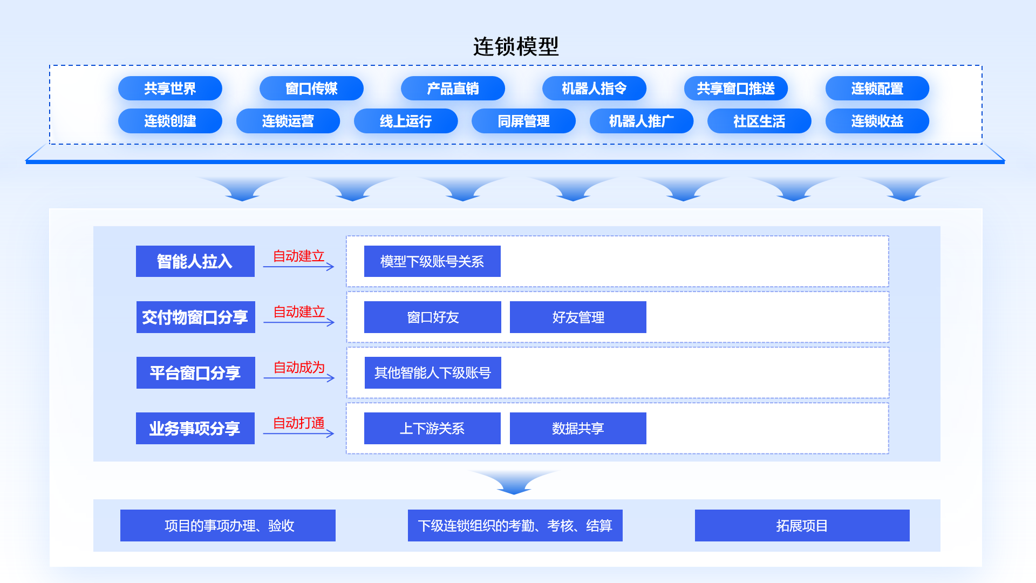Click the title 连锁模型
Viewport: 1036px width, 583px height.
[x=516, y=46]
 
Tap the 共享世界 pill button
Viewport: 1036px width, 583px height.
[x=170, y=89]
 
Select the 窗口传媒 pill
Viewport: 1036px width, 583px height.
[x=311, y=89]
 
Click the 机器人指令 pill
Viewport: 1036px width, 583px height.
[x=594, y=89]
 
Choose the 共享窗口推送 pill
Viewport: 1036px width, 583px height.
[x=735, y=89]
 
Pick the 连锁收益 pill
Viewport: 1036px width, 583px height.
[x=877, y=121]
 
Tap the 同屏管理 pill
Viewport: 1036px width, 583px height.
[x=523, y=121]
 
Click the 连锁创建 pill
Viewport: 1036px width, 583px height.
[x=170, y=121]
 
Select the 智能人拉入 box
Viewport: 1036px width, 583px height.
[x=195, y=261]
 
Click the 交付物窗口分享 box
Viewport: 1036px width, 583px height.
[x=195, y=317]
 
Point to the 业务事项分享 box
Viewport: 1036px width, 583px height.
[x=195, y=428]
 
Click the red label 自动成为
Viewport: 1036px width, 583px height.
[x=299, y=368]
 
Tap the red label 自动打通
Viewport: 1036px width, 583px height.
[x=298, y=423]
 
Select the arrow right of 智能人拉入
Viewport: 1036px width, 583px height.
[x=298, y=267]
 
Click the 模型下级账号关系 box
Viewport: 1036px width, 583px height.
[x=432, y=261]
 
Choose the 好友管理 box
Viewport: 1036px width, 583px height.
[x=578, y=317]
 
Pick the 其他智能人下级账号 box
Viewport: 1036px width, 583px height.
[x=433, y=372]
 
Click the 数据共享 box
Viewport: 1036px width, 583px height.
[x=578, y=428]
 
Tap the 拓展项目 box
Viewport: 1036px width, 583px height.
[x=802, y=525]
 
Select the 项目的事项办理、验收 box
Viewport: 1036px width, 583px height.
[x=228, y=525]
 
